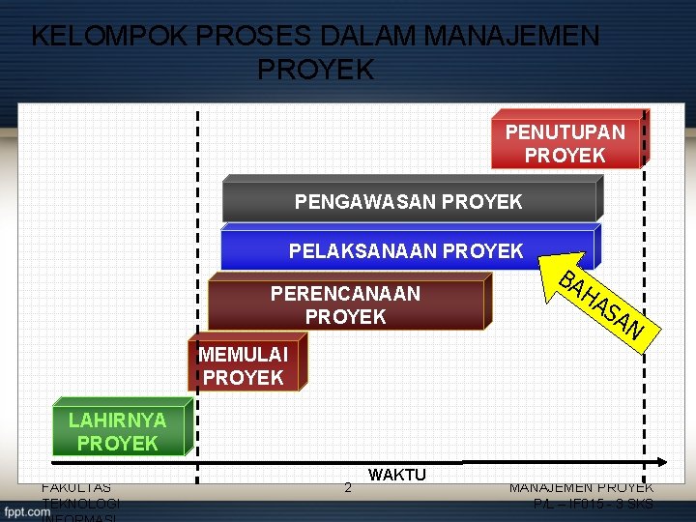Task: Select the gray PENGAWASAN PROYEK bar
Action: pos(409,201)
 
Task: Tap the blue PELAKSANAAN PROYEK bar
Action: pos(406,251)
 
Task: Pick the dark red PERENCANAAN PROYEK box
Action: pos(345,304)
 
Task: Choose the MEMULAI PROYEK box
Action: pos(244,365)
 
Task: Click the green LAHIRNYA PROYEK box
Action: pos(118,431)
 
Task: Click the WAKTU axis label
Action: pos(396,475)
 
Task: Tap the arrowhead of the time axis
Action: pos(661,461)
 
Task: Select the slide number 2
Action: pos(348,488)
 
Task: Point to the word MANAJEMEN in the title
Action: pos(510,37)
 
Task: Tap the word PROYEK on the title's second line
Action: pos(316,70)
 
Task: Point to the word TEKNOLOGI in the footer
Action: pos(81,504)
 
